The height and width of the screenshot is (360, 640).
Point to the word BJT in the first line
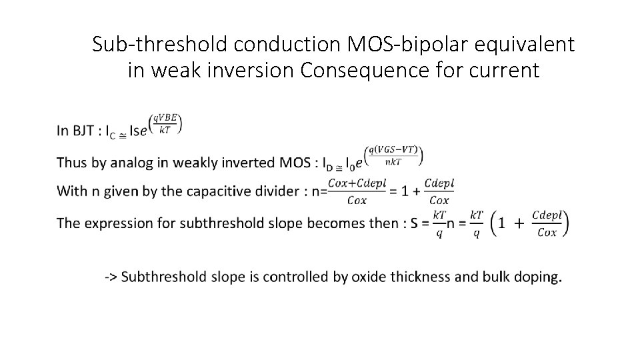(84, 131)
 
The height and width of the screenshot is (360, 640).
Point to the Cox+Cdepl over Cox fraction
(357, 191)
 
